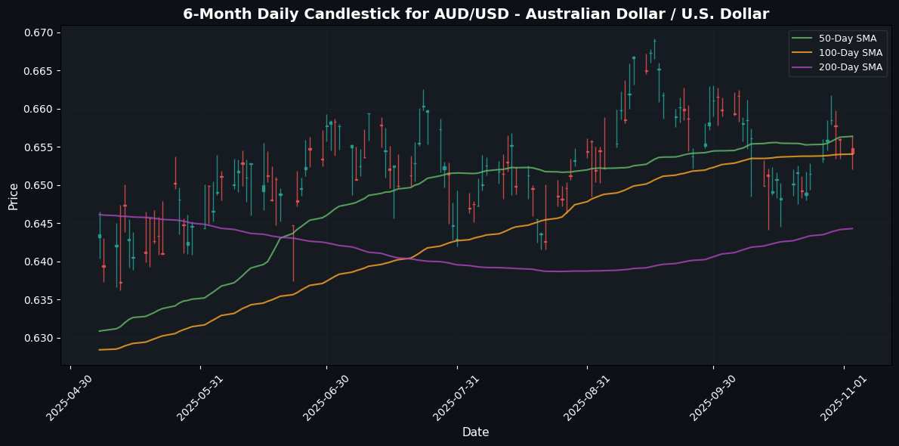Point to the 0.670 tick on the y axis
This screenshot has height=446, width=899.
39,33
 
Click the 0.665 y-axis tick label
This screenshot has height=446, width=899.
39,71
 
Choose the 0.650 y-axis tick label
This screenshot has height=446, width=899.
39,185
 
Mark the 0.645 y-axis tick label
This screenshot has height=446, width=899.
39,224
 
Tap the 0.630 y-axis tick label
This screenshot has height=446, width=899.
39,338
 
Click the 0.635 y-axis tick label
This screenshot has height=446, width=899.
39,300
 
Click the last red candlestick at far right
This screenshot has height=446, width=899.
852,151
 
